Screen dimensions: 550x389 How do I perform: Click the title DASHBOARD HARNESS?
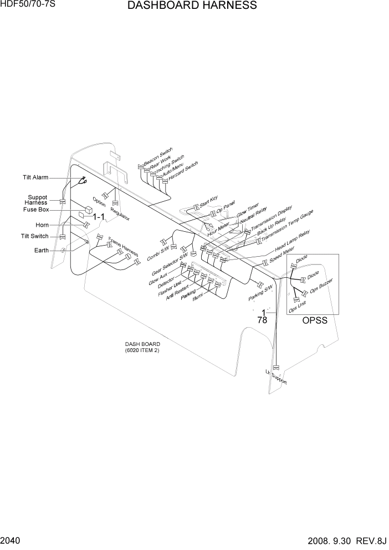point(192,6)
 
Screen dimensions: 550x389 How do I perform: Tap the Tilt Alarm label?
point(35,177)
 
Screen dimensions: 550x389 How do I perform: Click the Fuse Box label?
point(36,210)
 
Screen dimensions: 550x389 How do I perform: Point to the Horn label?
point(42,225)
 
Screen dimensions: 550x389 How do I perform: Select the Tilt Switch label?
point(35,236)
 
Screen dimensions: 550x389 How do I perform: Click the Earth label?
point(42,250)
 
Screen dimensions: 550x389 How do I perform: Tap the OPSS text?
point(314,320)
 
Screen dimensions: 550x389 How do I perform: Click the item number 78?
point(263,320)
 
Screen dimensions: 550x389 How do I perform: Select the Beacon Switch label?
point(158,157)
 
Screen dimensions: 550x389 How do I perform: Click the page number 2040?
point(11,539)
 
